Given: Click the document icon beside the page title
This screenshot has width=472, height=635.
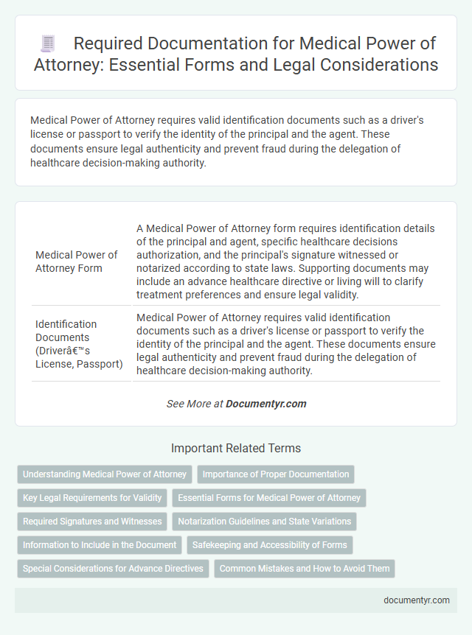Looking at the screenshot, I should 48,43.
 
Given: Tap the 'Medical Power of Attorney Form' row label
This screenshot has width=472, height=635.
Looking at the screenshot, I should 77,261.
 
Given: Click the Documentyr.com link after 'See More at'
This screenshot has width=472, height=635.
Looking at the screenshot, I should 265,404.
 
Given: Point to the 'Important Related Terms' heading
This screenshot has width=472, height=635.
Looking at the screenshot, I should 235,448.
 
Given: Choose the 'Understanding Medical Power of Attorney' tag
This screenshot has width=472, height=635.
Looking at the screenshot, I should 105,474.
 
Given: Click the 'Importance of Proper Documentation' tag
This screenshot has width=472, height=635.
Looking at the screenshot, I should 276,474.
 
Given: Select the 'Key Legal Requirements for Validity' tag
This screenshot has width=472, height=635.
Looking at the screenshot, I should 91,497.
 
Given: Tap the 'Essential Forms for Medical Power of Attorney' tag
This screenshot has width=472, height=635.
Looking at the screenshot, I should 269,497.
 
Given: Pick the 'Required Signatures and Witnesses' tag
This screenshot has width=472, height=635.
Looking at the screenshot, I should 92,521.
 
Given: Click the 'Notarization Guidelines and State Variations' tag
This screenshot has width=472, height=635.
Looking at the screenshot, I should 264,521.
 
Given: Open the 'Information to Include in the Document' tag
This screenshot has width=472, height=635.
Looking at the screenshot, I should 100,544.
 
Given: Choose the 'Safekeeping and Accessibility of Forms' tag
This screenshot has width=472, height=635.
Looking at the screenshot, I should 269,544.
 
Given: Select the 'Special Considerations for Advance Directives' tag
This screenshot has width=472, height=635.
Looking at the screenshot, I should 113,568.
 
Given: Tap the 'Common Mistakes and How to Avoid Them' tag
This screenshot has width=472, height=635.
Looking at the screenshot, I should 305,568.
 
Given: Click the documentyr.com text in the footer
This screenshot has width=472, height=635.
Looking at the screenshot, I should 417,600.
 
